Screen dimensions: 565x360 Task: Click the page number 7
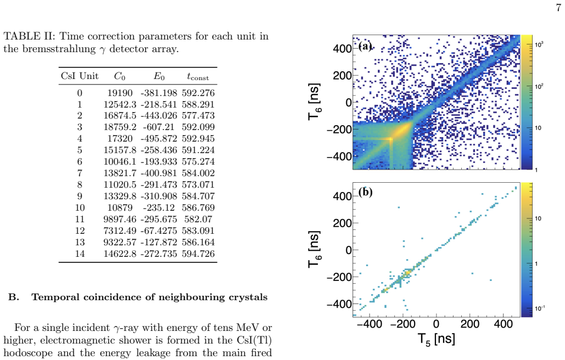[558, 8]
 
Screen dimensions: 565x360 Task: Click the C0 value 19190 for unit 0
[120, 93]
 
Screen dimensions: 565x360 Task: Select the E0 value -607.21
[159, 127]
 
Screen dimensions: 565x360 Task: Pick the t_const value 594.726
[198, 254]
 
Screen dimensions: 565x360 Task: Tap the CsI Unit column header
[80, 76]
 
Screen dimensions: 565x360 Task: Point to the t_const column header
[198, 76]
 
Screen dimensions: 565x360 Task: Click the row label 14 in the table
[80, 254]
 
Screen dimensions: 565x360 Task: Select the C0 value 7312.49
[120, 230]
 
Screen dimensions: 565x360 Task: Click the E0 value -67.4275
[159, 230]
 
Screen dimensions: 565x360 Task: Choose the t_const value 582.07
[198, 220]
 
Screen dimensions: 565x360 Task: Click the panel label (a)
[365, 46]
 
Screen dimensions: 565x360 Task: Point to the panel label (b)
[365, 192]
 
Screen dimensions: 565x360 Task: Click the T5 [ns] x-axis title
[436, 339]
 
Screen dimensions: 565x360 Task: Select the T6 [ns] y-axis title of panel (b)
[314, 250]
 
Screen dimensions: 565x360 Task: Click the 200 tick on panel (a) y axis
[342, 76]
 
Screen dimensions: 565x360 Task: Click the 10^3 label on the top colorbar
[539, 44]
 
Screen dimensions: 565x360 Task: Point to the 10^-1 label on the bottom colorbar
[540, 308]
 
